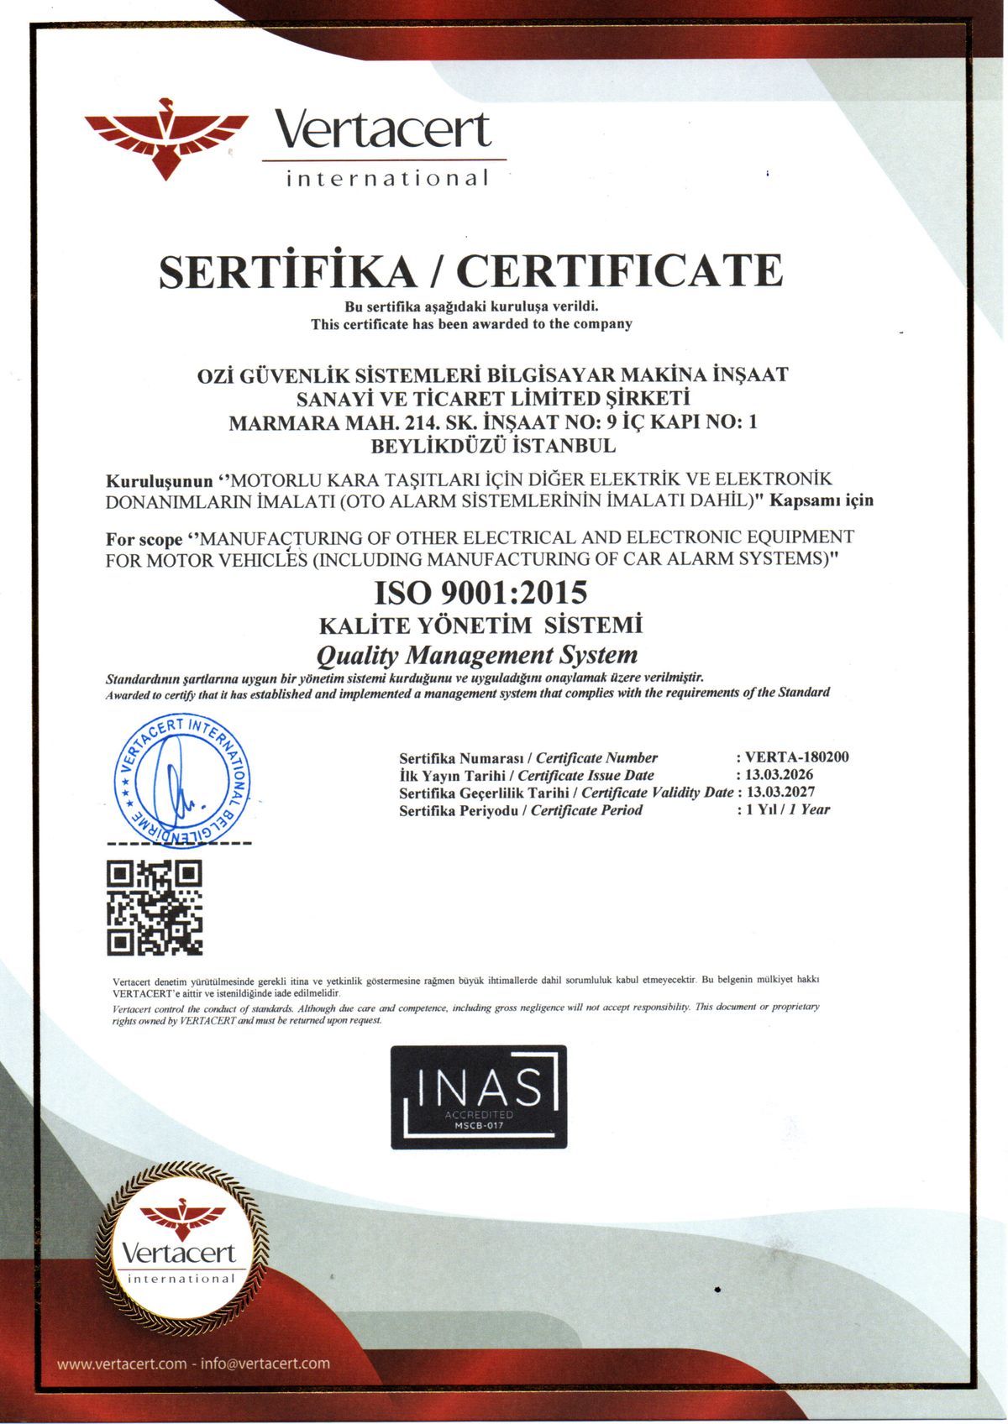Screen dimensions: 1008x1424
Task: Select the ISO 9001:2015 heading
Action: (x=480, y=594)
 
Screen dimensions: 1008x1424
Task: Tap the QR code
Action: (x=155, y=908)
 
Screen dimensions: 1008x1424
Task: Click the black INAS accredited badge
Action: (x=479, y=1097)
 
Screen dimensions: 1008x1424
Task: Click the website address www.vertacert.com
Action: (x=122, y=1364)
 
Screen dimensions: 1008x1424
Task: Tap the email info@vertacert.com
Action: (x=265, y=1364)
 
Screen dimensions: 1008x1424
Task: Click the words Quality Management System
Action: (x=475, y=654)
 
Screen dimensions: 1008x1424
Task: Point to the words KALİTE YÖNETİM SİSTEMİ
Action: (x=480, y=626)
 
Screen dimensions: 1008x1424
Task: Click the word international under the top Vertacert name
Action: (x=387, y=179)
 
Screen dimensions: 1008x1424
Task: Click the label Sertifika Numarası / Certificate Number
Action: (x=528, y=757)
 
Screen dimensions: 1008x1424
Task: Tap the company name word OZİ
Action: (x=216, y=374)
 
